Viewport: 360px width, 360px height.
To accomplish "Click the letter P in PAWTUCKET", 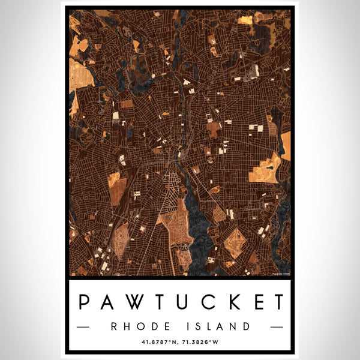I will (86, 302).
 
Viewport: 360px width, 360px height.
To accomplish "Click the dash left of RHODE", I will (83, 327).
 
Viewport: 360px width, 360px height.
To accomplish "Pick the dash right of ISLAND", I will (277, 327).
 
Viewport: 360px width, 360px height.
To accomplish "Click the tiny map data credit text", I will (280, 274).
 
